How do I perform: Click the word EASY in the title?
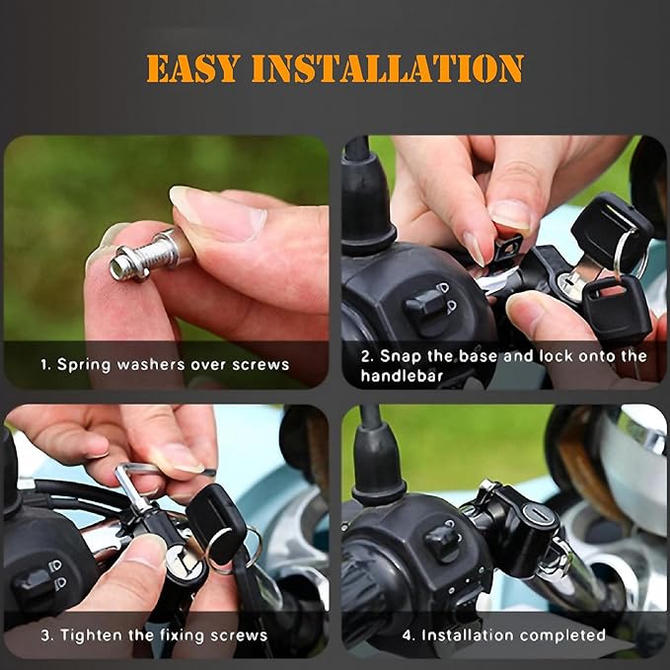pyautogui.click(x=193, y=68)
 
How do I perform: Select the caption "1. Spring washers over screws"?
pyautogui.click(x=165, y=364)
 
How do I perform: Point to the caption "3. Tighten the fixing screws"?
pyautogui.click(x=154, y=634)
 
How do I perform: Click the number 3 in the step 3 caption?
pyautogui.click(x=45, y=634)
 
